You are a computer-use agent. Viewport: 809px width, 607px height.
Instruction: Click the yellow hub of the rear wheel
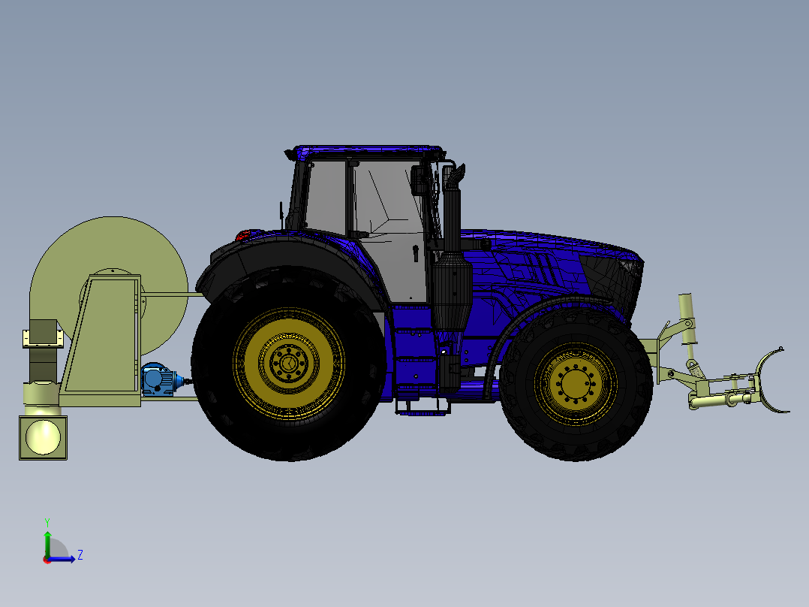click(x=288, y=364)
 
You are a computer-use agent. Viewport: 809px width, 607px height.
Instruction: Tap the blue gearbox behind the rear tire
click(x=158, y=379)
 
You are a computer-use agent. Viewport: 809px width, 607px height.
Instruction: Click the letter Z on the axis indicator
click(x=80, y=555)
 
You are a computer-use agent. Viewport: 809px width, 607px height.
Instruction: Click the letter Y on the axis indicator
click(x=47, y=521)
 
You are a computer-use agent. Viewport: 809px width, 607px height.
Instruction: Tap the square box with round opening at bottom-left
click(x=43, y=437)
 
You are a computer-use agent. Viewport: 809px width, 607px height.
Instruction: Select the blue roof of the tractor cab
click(x=368, y=153)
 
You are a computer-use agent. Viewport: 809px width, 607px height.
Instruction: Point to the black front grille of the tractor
click(x=627, y=285)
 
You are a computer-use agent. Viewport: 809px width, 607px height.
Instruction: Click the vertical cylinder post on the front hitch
click(x=687, y=319)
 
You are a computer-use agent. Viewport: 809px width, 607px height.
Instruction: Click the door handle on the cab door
click(x=415, y=253)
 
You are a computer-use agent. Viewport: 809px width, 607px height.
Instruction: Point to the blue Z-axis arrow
click(x=64, y=559)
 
